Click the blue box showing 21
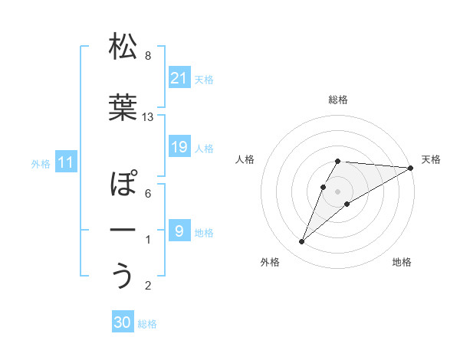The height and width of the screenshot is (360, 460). (x=179, y=78)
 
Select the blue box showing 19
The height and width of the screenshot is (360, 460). (x=179, y=147)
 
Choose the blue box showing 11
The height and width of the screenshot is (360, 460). (x=65, y=162)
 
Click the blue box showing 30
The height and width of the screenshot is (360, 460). (x=123, y=323)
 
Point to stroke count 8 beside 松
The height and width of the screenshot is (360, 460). (x=148, y=56)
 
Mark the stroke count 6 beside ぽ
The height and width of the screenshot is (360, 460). (x=148, y=194)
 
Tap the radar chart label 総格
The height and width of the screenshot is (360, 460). (x=338, y=100)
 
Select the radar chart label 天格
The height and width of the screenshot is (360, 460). (x=432, y=159)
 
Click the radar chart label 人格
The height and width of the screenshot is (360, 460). (x=245, y=159)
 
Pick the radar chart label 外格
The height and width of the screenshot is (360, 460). (x=270, y=263)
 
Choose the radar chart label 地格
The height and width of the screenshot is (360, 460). (x=402, y=263)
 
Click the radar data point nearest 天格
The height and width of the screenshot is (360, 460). (x=411, y=168)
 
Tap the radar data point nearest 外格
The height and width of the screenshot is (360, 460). (x=301, y=242)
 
